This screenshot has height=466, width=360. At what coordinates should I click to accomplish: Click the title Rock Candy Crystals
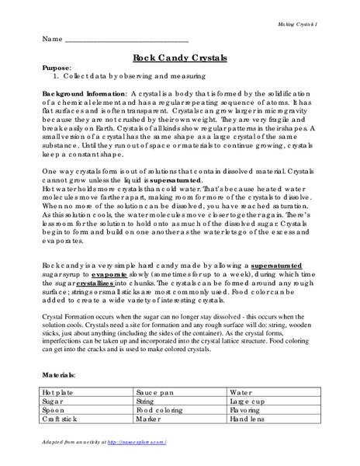[x=180, y=57]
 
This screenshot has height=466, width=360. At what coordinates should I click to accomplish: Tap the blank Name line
[x=128, y=38]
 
